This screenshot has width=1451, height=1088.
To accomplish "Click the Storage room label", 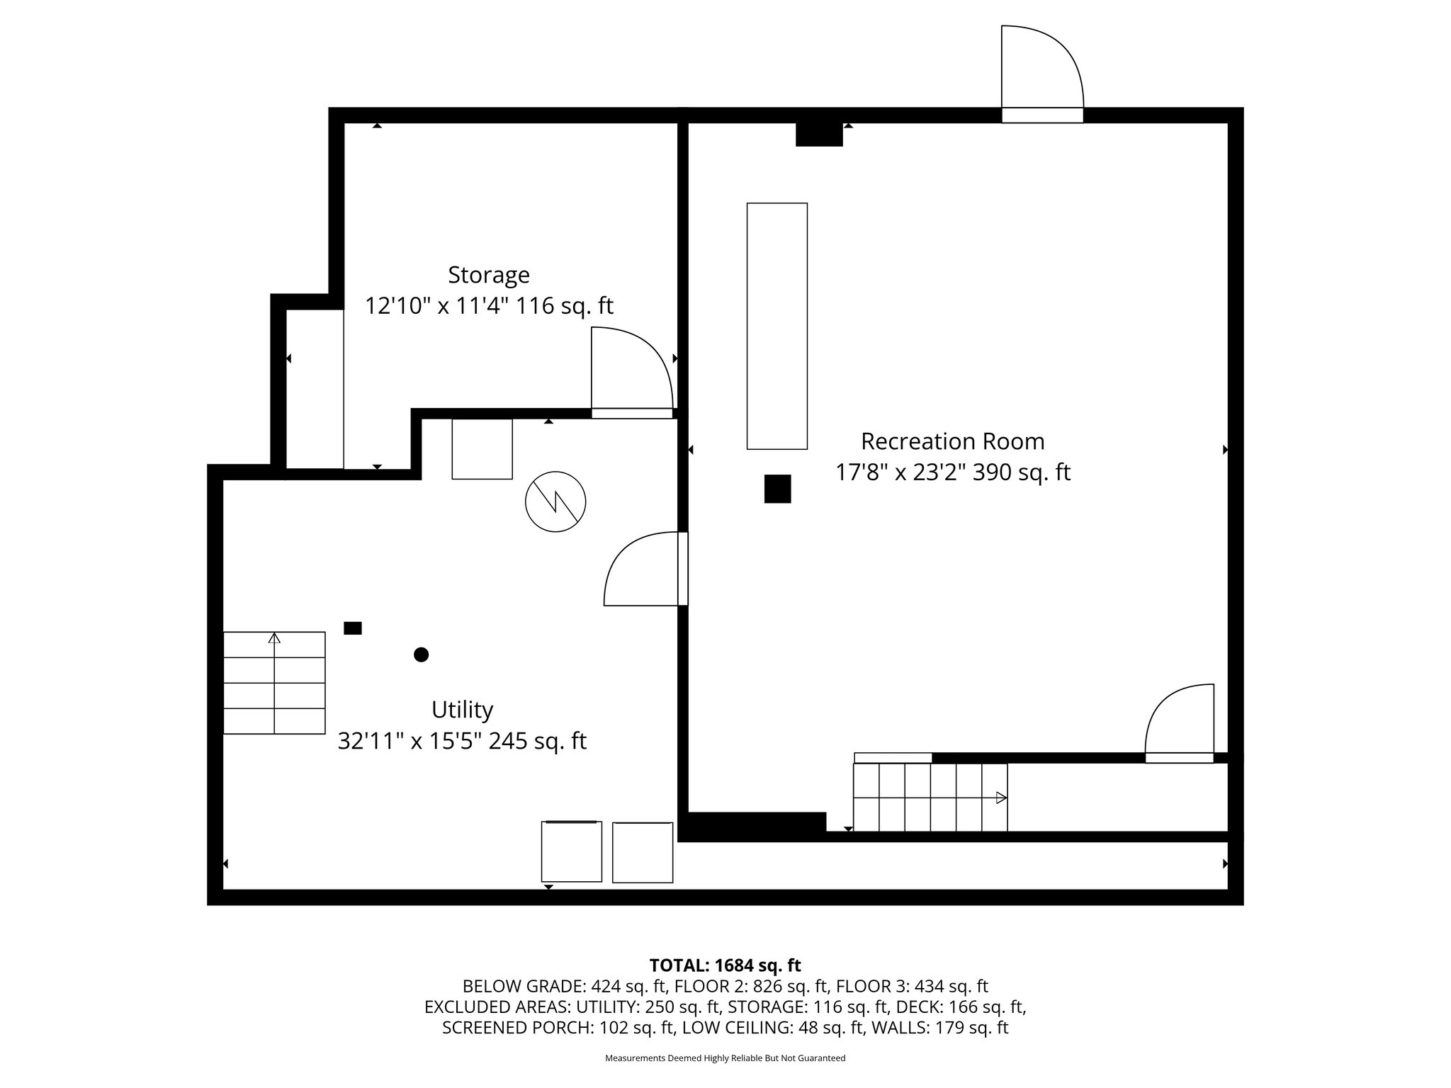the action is coord(489,275).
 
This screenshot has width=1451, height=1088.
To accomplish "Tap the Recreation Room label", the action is coord(953,441).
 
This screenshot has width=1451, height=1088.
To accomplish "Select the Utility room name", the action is coord(462,710).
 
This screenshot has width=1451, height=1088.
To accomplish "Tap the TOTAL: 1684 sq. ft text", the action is coord(725,965).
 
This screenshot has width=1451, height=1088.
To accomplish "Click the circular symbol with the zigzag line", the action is coord(555,501).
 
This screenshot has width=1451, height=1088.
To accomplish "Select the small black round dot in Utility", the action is coord(421,654).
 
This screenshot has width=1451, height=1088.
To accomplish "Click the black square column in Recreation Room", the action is coord(777,489).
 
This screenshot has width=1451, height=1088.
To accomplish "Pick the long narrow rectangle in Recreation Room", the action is coord(777,326).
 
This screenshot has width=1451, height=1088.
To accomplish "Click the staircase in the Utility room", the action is coord(274,683).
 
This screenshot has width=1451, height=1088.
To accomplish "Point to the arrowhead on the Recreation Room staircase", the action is coord(1001,798).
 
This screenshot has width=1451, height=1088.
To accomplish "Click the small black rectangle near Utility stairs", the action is coord(353,628).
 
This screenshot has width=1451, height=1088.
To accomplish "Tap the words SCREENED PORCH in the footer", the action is coord(515,1028).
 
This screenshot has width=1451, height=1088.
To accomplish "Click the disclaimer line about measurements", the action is coord(725,1058).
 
